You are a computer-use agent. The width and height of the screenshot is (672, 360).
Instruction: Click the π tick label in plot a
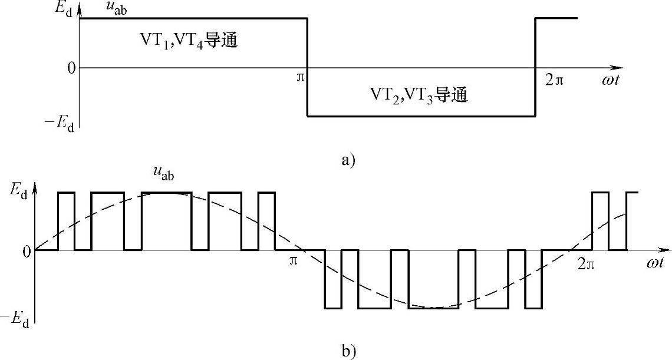click(300, 78)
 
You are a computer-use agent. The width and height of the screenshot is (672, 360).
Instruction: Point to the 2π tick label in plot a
click(554, 79)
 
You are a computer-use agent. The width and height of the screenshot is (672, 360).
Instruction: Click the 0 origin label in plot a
click(71, 68)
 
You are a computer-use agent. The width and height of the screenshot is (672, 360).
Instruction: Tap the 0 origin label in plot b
click(25, 251)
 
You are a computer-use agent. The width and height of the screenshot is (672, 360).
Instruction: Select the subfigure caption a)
click(350, 159)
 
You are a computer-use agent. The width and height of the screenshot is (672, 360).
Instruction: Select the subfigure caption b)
click(348, 352)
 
